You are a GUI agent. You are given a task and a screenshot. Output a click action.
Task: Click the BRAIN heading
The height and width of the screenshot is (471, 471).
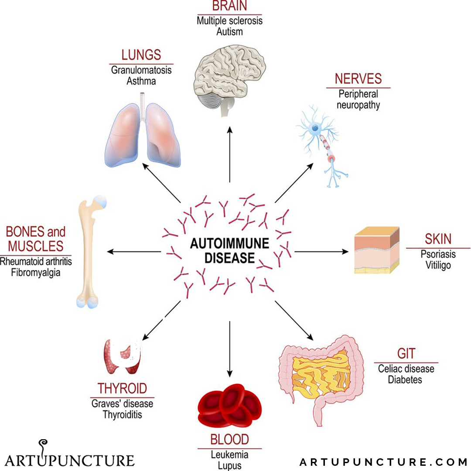pos(229,6)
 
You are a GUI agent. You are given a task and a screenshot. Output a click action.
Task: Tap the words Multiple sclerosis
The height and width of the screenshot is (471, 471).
pos(229,20)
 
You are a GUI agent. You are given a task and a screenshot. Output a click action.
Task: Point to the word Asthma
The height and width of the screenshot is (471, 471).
pos(141,81)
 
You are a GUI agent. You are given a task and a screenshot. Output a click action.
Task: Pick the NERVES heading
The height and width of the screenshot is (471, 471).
pos(358,79)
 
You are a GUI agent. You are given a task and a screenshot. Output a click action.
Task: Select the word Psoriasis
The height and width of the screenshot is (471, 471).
pos(438,254)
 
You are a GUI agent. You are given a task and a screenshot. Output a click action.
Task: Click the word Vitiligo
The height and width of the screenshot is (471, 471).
pos(438,266)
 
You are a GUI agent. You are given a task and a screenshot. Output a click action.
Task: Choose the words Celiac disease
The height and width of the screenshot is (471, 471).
pos(406,369)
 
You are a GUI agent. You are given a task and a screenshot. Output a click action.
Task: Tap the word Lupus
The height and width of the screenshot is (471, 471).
pos(229,466)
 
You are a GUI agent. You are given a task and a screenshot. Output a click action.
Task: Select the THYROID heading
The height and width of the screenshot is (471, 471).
pos(122,388)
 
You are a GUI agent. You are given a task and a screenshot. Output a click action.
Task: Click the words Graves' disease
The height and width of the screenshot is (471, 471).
pos(122,403)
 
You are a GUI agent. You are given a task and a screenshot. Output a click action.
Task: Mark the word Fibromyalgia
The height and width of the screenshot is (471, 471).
pos(36,273)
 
